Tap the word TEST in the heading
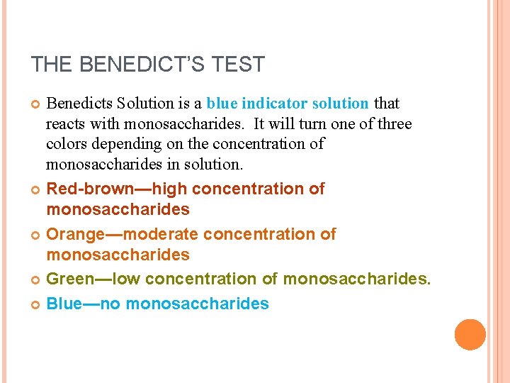pos(237,65)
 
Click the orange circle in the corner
pos(470,335)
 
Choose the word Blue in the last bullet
pos(63,304)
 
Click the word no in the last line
pos(110,304)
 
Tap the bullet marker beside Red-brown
pos(35,189)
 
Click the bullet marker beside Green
pos(35,280)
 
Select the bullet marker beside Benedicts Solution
pos(35,104)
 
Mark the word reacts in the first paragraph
pos(65,123)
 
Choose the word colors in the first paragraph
pos(64,144)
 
